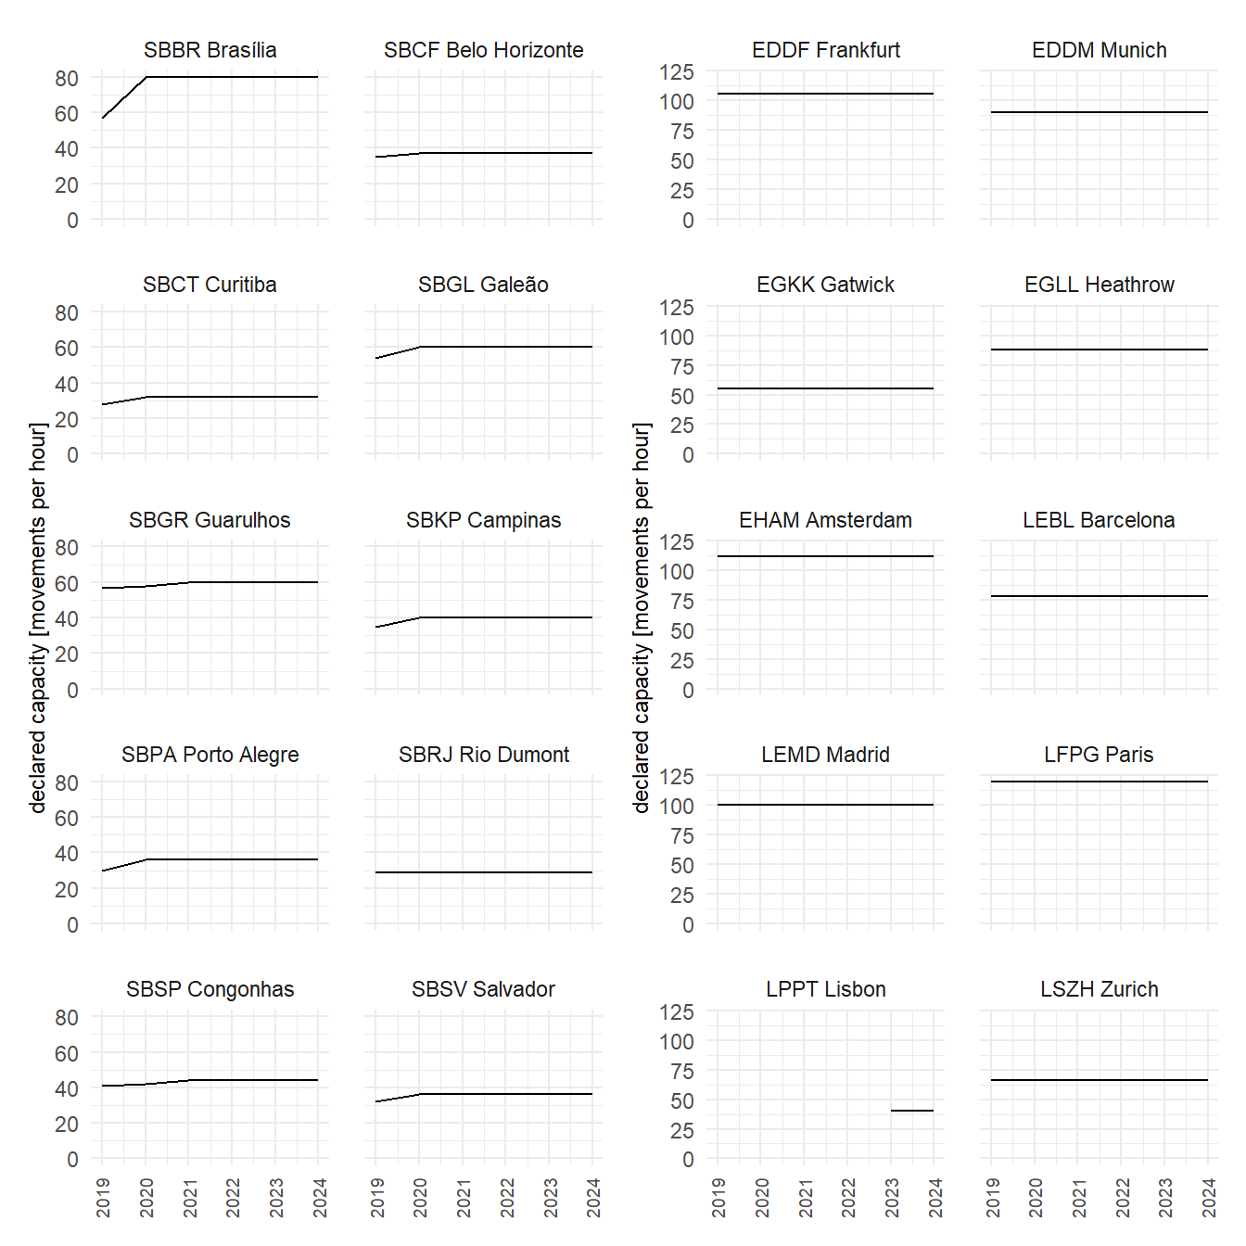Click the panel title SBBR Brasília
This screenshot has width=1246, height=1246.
[x=210, y=50]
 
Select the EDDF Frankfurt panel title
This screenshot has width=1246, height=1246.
[x=825, y=50]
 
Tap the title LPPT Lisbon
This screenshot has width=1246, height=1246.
[x=825, y=989]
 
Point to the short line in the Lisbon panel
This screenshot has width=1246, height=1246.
[x=911, y=1111]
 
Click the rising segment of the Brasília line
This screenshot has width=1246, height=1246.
[x=123, y=97]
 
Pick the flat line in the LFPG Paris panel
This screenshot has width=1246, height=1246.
[x=1099, y=782]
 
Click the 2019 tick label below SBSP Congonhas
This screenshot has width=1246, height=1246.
[x=103, y=1198]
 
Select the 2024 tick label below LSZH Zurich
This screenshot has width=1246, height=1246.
[x=1209, y=1198]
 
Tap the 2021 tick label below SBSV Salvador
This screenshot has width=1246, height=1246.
[x=464, y=1198]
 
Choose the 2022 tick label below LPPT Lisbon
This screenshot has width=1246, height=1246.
[x=848, y=1198]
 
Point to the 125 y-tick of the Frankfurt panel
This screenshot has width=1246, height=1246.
[x=677, y=72]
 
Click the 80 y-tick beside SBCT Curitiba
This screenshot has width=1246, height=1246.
[x=67, y=313]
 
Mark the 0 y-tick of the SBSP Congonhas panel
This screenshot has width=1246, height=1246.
[x=72, y=1160]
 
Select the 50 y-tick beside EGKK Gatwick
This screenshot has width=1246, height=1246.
[x=682, y=397]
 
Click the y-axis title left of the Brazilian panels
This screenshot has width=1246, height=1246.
[x=37, y=617]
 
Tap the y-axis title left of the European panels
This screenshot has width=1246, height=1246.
[x=641, y=617]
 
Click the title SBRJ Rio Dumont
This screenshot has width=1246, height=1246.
[x=483, y=755]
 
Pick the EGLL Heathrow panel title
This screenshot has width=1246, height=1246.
[x=1099, y=285]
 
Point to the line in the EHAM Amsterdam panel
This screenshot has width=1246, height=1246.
[x=825, y=556]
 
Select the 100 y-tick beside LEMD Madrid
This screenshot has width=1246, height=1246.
[x=677, y=807]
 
